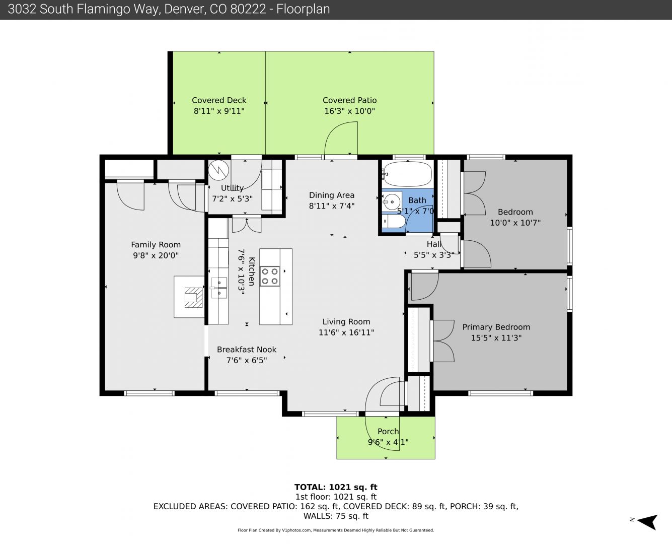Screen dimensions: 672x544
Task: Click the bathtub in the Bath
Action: point(407,174)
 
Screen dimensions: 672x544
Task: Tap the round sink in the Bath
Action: point(392,201)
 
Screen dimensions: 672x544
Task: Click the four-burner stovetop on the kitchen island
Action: point(270,276)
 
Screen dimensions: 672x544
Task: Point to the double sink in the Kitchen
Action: point(219,288)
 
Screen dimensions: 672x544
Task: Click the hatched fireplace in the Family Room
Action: point(193,297)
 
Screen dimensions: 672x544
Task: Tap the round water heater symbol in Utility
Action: point(218,170)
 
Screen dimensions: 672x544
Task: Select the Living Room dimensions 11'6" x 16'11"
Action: point(346,332)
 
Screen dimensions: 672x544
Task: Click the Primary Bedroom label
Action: point(496,327)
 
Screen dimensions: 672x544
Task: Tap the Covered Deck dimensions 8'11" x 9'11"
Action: point(219,111)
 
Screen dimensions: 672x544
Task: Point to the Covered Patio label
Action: point(349,100)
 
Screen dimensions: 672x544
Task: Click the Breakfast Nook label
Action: point(247,350)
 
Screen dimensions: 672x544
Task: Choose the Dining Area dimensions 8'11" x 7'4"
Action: point(332,206)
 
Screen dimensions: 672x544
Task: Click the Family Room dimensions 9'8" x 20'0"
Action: point(156,255)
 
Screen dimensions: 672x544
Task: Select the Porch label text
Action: point(388,431)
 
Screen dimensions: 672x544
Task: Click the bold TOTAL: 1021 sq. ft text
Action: point(336,487)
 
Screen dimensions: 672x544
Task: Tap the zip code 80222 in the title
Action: point(248,9)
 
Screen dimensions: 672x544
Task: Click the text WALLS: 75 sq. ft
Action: point(336,516)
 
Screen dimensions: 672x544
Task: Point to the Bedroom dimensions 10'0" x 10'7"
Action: point(515,223)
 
